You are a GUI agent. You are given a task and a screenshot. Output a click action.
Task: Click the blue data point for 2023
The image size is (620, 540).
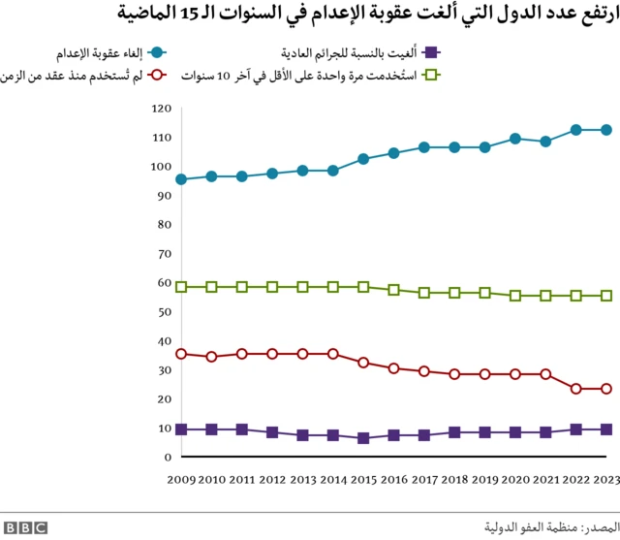pyautogui.click(x=606, y=130)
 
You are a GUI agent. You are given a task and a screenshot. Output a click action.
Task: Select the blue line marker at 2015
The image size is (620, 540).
pyautogui.click(x=363, y=159)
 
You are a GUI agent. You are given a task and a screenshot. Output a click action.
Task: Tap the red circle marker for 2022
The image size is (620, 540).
pyautogui.click(x=576, y=389)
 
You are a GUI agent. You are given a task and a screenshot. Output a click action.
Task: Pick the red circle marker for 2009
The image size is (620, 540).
pyautogui.click(x=181, y=354)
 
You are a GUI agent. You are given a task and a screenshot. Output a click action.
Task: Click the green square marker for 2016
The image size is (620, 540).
pyautogui.click(x=393, y=290)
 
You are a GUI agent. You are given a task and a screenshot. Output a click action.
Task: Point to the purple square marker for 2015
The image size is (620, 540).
pyautogui.click(x=363, y=438)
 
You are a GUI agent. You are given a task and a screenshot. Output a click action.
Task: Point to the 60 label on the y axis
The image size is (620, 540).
pyautogui.click(x=164, y=282)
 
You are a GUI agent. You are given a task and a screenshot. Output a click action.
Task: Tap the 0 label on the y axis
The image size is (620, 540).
pyautogui.click(x=167, y=457)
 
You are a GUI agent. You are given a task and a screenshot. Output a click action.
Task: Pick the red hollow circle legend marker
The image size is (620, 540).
pyautogui.click(x=159, y=75)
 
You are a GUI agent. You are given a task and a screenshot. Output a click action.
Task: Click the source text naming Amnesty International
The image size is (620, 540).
pyautogui.click(x=547, y=526)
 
